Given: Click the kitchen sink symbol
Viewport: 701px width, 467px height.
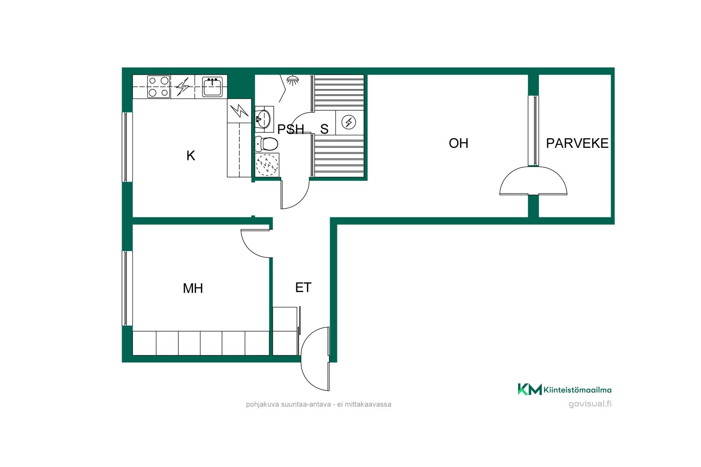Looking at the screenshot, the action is (x=212, y=87).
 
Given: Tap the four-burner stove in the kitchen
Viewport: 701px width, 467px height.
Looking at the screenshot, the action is (x=159, y=87).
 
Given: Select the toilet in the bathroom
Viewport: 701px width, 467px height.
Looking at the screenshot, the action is (x=267, y=144).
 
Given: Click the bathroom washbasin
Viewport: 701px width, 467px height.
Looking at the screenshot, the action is (x=264, y=118).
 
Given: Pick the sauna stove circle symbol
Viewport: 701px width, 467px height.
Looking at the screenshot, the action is (x=349, y=122).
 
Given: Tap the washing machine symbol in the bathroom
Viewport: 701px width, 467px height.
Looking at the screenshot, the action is (x=267, y=165).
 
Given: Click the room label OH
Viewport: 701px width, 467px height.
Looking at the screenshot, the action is (x=459, y=143).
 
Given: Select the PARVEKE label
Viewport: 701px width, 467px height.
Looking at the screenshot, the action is (x=577, y=143).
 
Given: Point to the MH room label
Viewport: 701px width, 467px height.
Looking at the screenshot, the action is (x=193, y=289).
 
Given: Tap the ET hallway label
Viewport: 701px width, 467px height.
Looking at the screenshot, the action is (x=303, y=287).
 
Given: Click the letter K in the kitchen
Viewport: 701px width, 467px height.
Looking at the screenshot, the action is (x=191, y=156).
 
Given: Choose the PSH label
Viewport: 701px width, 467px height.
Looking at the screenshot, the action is (x=291, y=129).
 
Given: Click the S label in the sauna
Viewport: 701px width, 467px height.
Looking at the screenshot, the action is (x=324, y=129).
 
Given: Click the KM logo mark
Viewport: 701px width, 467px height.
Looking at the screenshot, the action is (x=529, y=389).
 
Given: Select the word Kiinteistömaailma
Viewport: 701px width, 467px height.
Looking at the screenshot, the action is (x=578, y=390).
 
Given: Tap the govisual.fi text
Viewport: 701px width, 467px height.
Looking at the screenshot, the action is (x=590, y=404).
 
